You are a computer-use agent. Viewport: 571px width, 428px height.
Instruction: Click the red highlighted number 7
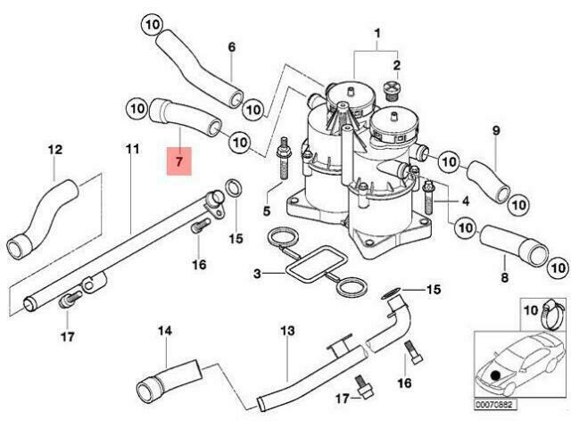coord(178,161)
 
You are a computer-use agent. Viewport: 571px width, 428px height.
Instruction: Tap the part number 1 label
coord(377,34)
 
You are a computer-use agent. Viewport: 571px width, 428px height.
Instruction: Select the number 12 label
coord(55,149)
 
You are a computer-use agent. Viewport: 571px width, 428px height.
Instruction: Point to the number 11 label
coord(132,149)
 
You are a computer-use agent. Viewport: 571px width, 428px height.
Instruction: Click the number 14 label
coord(165,331)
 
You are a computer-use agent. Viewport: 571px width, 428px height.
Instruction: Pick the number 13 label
coord(287,331)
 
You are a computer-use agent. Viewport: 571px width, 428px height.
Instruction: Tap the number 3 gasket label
coord(257,274)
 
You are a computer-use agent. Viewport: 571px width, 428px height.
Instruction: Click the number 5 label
coord(267,210)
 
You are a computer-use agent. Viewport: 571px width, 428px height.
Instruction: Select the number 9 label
coord(496,130)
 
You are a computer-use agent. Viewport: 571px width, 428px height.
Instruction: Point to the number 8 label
coord(504,277)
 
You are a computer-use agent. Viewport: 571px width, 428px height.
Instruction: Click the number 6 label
coord(232,47)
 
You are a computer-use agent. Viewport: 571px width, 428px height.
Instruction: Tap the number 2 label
coord(396,65)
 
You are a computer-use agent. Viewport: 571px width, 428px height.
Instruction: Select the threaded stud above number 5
coord(285,158)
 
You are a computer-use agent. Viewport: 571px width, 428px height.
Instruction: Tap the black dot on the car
coord(495,374)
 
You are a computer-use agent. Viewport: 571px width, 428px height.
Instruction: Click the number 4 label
coord(466,201)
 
